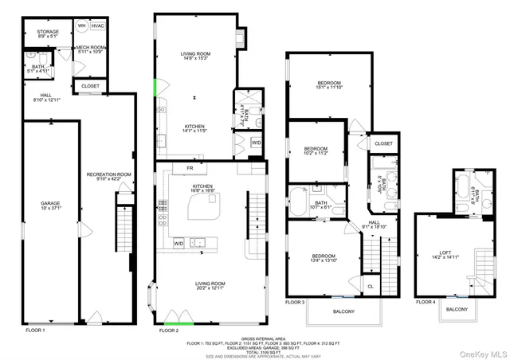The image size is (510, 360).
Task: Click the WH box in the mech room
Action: pos(81,25)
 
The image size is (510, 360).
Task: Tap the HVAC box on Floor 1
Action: pos(98,25)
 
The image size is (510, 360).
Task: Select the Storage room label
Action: pos(48,33)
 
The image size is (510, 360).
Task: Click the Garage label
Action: pos(51,205)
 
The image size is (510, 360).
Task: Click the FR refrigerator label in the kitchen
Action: pos(190,169)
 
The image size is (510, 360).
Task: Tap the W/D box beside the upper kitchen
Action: pos(256,143)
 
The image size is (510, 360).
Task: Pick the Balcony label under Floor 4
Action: pos(457,309)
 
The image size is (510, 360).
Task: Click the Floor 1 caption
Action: pos(35,329)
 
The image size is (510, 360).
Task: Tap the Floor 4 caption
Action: pos(426,302)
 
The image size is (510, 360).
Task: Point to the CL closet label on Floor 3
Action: pos(371,286)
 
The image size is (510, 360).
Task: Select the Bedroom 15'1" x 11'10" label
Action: pos(329,86)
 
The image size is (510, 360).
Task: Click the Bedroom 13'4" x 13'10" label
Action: pos(325,257)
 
